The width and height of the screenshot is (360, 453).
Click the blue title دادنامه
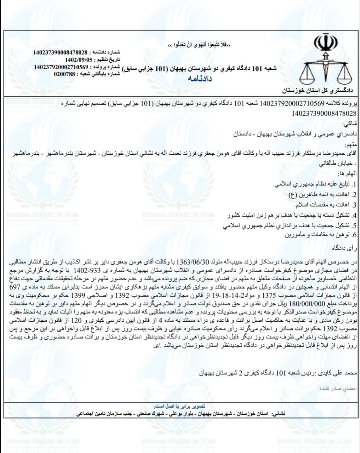coord(200,79)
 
